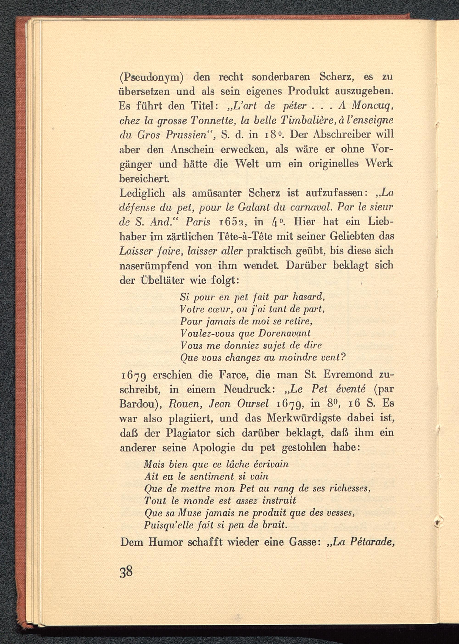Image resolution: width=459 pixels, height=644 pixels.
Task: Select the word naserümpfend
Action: coord(154,266)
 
